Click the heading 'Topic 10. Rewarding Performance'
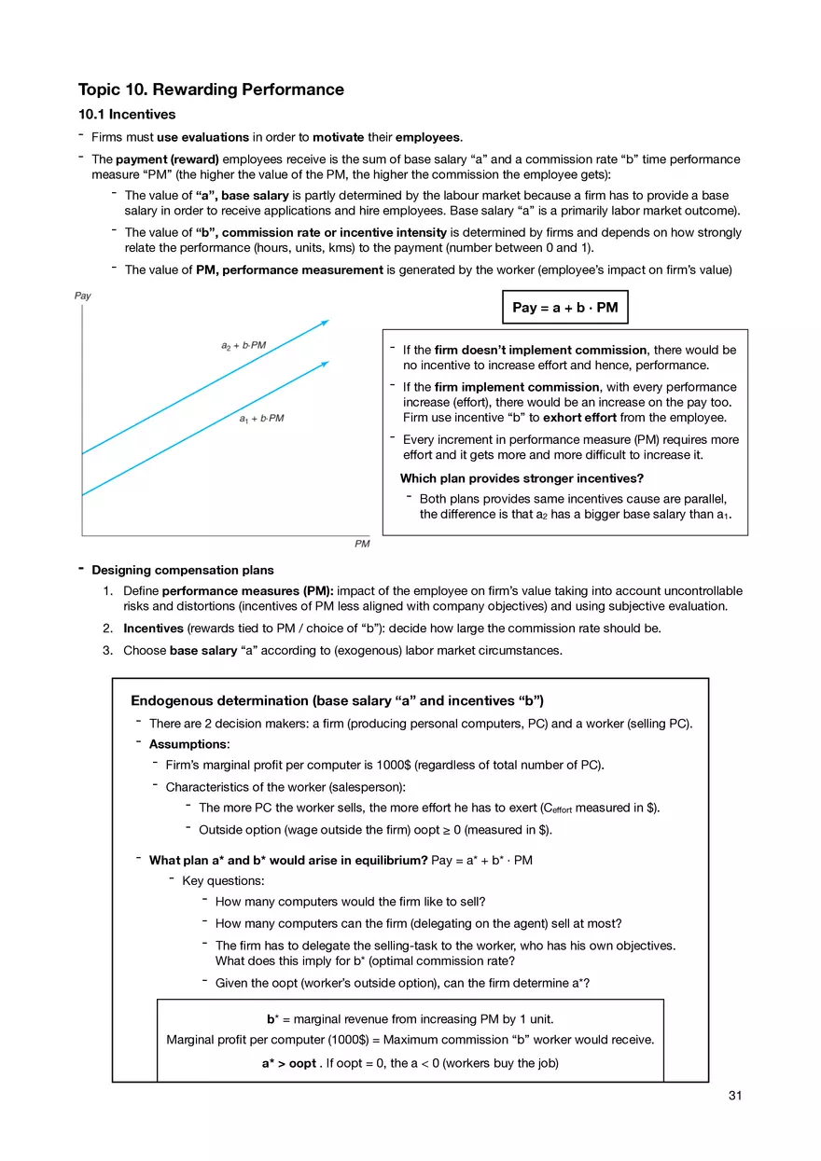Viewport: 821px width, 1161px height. click(x=211, y=90)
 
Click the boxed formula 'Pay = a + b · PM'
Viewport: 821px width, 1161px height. click(x=565, y=307)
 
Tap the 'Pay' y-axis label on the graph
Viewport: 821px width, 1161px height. click(x=83, y=296)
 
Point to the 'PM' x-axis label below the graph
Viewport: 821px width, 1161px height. click(x=362, y=544)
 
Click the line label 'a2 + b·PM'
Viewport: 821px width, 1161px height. click(x=244, y=345)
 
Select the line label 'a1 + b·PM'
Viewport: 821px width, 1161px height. click(x=261, y=419)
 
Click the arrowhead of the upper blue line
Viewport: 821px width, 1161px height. click(x=326, y=322)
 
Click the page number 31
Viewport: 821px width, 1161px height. click(x=734, y=1096)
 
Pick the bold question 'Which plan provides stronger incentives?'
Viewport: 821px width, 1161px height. click(x=516, y=478)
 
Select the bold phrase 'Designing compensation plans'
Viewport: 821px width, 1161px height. click(x=183, y=570)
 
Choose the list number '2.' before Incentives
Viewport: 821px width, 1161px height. click(x=108, y=629)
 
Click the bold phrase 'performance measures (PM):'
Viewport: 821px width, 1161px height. click(x=247, y=591)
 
